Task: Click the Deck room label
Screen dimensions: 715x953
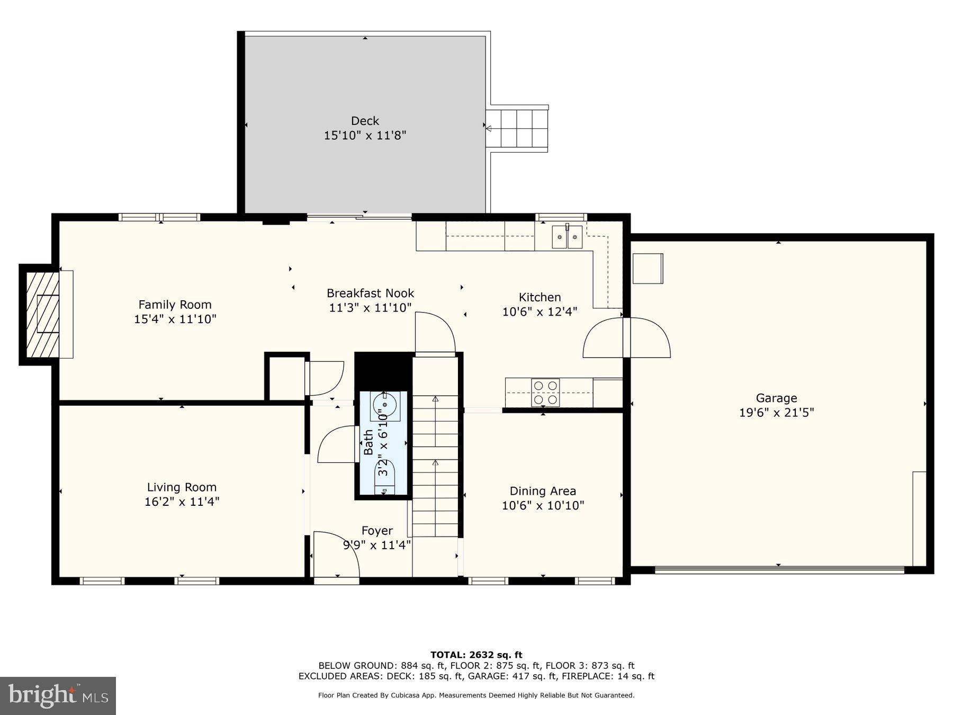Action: [x=365, y=121]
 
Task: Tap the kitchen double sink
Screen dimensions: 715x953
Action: [x=567, y=237]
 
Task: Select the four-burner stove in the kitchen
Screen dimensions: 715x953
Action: [x=545, y=392]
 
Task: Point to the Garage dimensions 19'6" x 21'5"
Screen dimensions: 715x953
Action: [x=776, y=412]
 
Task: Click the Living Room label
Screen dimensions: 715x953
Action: [x=182, y=487]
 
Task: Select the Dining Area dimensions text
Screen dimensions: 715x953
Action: [x=543, y=505]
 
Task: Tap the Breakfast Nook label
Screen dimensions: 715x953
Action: [x=370, y=293]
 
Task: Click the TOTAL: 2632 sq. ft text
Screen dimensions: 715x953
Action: [x=476, y=655]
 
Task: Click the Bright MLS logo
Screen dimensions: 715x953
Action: [x=58, y=695]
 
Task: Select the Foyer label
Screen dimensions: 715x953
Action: [x=377, y=531]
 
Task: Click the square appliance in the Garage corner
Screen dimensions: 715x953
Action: [x=647, y=269]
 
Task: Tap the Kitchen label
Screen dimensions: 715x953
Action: [x=540, y=297]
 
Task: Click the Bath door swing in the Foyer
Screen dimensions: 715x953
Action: [x=337, y=445]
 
